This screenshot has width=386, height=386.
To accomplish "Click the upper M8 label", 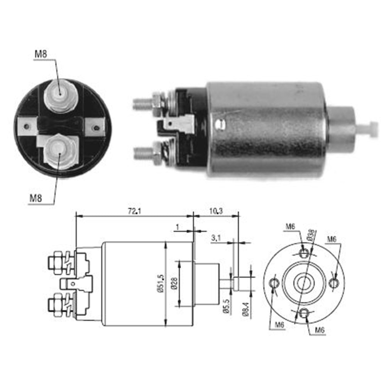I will click(x=41, y=54).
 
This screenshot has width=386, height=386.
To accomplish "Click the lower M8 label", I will click(x=36, y=198).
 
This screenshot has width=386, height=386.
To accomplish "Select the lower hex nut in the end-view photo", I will click(x=60, y=151).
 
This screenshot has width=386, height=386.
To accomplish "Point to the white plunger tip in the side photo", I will click(x=371, y=130).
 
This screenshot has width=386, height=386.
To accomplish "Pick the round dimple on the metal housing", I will click(x=220, y=124).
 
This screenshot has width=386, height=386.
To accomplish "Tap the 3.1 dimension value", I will click(x=216, y=238).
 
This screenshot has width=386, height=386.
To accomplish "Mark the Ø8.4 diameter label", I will click(x=246, y=308).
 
